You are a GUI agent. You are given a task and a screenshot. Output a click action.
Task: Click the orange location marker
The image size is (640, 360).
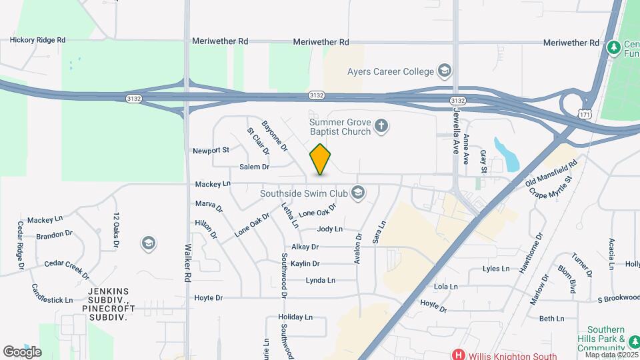pyautogui.click(x=321, y=159)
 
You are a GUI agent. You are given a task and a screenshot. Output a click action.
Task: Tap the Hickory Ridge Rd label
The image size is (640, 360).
pyautogui.click(x=37, y=40)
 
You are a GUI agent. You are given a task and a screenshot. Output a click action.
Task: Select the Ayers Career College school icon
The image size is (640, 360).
pyautogui.click(x=444, y=71)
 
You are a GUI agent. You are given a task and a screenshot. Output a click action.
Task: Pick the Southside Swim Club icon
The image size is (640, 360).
pyautogui.click(x=358, y=193)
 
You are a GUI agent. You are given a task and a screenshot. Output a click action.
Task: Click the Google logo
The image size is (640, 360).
pyautogui.click(x=22, y=351)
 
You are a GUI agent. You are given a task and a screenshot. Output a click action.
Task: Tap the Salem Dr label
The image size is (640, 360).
pyautogui.click(x=254, y=167)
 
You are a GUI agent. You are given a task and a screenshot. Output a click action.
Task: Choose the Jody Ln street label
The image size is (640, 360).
pyautogui.click(x=329, y=229)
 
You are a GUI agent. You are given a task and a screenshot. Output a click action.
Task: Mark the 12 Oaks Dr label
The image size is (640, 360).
pyautogui.click(x=116, y=230)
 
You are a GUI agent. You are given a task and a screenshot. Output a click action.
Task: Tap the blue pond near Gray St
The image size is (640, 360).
pyautogui.click(x=507, y=154)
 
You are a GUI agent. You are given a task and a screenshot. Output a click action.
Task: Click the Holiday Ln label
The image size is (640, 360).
pyautogui.click(x=295, y=317)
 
